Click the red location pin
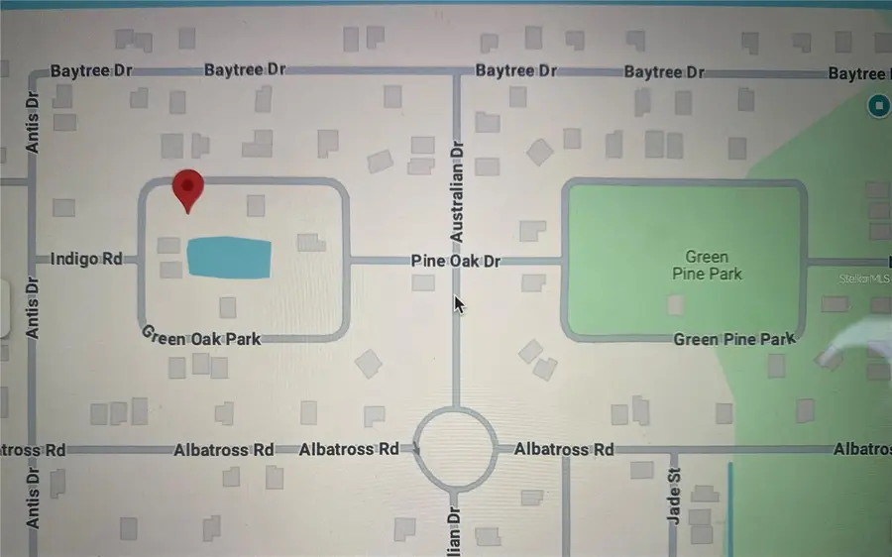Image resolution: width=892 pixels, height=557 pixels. [x=187, y=188]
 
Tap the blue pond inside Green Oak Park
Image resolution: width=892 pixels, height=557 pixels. [x=229, y=259]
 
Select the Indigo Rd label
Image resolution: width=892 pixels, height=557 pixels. [x=86, y=260]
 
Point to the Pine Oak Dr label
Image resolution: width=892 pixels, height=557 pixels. [x=456, y=262]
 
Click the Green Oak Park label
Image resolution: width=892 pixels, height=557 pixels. [x=202, y=337]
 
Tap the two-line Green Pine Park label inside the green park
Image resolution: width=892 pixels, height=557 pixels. [x=707, y=266]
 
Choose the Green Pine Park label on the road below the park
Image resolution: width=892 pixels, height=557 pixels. [x=733, y=339]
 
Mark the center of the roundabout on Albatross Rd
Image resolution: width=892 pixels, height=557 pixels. [x=455, y=448]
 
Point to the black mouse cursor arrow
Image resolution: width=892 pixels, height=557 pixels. [x=459, y=304]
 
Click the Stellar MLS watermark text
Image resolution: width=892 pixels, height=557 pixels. [x=865, y=279]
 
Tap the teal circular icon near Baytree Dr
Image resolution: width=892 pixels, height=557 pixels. [x=877, y=105]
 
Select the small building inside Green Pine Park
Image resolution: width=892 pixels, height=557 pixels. [x=677, y=304]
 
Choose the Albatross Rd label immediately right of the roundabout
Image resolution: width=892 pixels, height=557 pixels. [x=564, y=449]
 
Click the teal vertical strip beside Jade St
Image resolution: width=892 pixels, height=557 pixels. [x=730, y=505]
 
